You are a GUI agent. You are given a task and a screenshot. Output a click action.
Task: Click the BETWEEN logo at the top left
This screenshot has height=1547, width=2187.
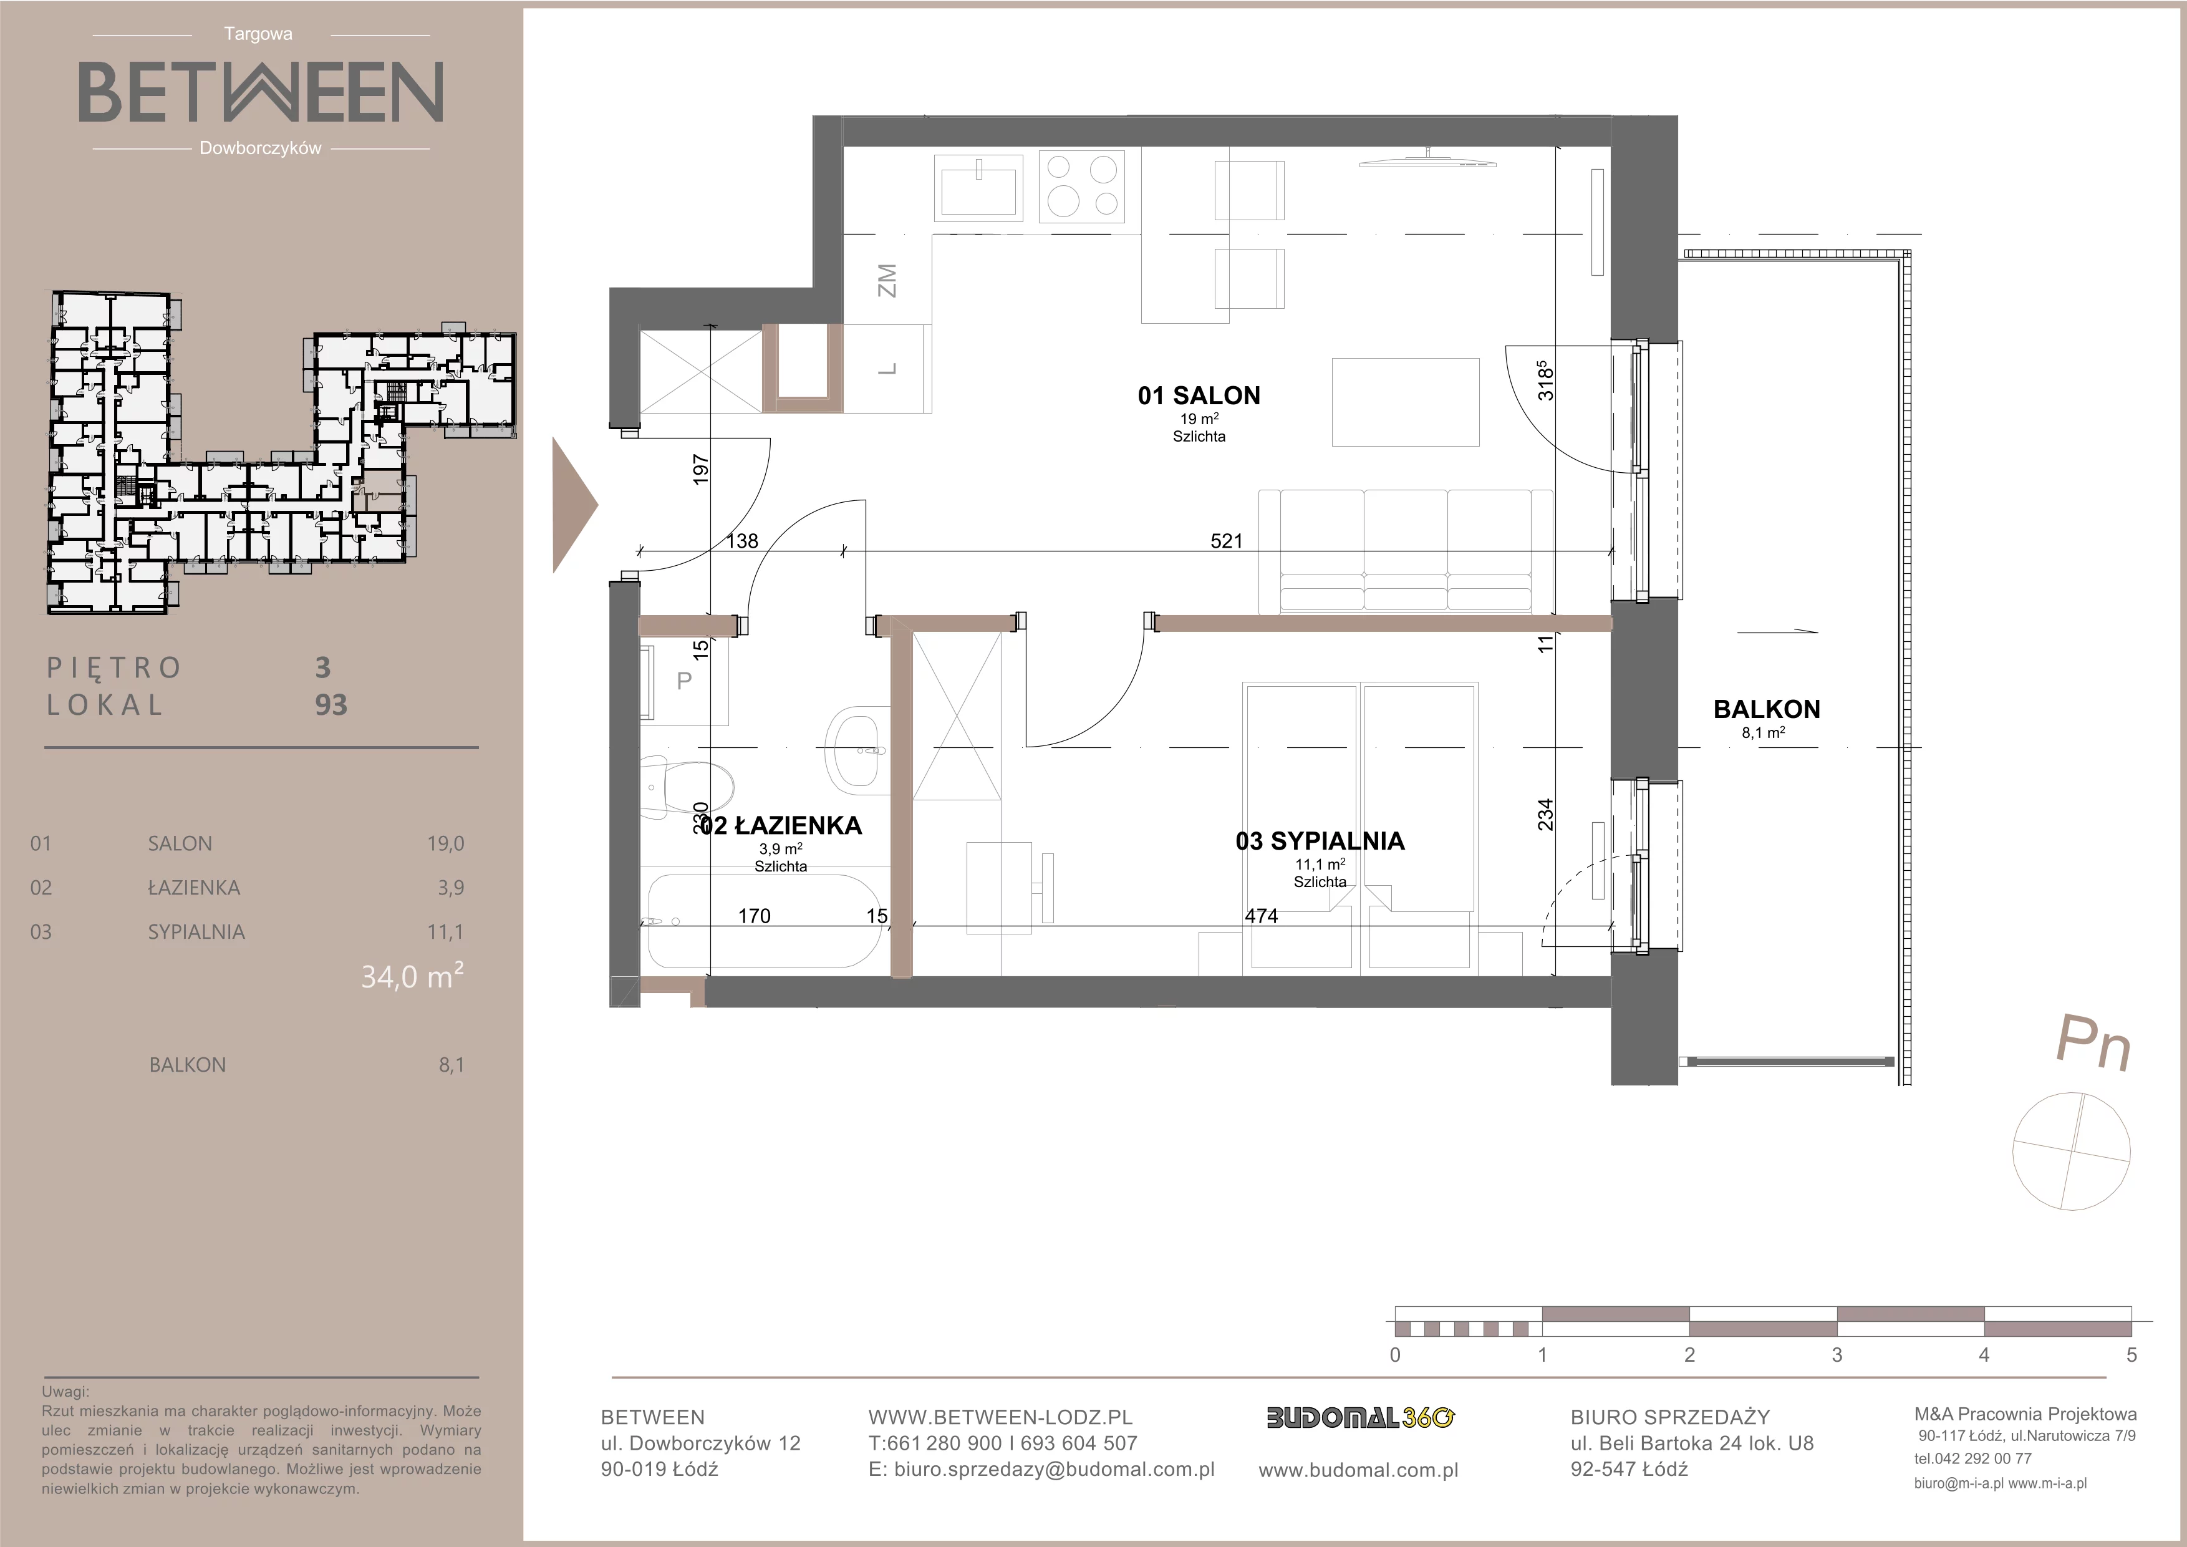coord(260,92)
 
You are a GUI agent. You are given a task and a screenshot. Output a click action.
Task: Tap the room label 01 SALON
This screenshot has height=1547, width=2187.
coord(1199,395)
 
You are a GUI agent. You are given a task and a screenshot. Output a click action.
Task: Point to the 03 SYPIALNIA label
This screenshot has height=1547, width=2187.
coord(1320,840)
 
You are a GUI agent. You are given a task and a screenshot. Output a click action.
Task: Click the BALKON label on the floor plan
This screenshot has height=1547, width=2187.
coord(1766,709)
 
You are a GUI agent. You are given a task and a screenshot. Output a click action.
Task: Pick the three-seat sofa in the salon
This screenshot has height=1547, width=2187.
coord(1406,551)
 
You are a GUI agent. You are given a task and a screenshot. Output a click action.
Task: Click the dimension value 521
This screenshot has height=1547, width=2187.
coord(1226,541)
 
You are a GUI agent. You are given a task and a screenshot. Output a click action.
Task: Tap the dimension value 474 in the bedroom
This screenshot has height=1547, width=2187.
coord(1261,916)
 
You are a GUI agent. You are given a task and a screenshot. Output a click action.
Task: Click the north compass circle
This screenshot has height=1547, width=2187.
coord(2071,1151)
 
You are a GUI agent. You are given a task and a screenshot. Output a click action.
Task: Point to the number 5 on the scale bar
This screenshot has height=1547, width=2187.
coord(2131,1355)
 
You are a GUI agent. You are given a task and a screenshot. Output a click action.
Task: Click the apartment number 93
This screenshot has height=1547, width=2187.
coord(331,705)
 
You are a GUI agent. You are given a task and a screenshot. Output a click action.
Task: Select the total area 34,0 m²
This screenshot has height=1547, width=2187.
coord(412,976)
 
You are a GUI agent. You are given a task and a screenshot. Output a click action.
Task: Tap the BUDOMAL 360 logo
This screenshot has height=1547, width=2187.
coord(1359,1418)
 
